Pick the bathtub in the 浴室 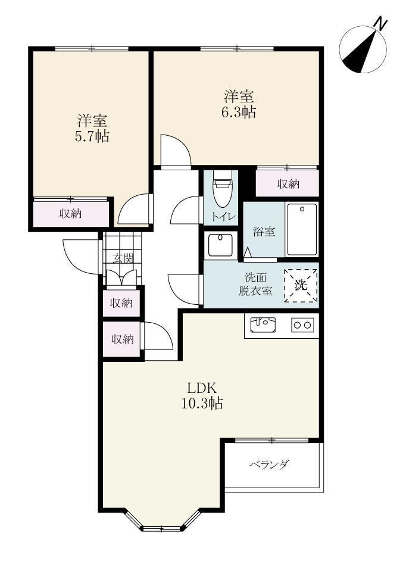click(x=302, y=229)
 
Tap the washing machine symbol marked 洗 click(x=301, y=285)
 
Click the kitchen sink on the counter click(x=263, y=324)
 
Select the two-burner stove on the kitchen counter click(x=302, y=325)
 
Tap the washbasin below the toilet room click(x=223, y=244)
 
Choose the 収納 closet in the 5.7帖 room click(x=71, y=213)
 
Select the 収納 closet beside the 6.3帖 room click(x=288, y=185)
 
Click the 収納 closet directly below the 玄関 click(x=122, y=304)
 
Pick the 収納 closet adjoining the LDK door click(x=122, y=339)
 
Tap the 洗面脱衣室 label click(x=256, y=284)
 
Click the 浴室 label click(x=264, y=232)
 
